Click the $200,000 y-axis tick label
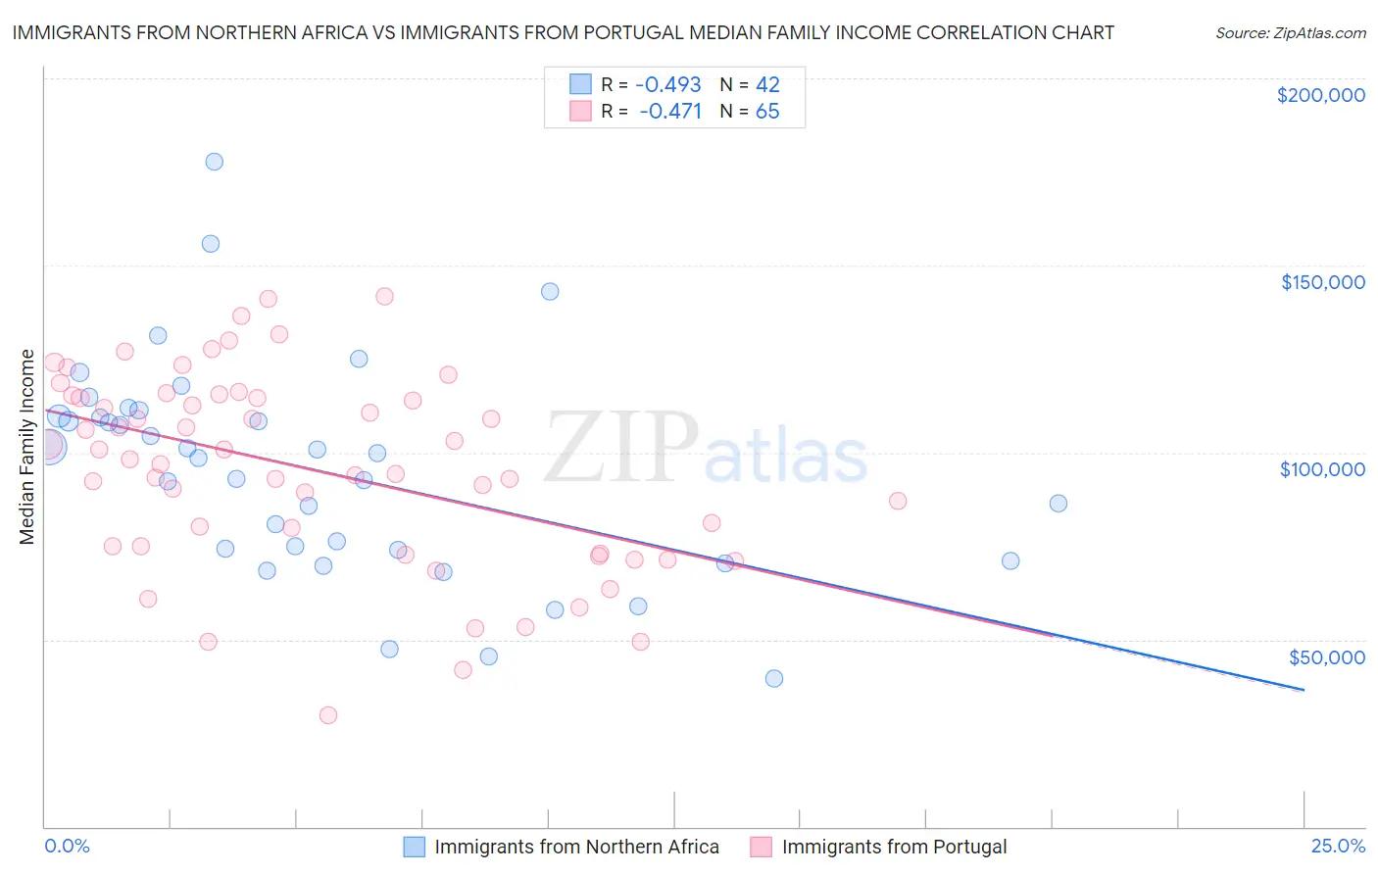pos(1320,95)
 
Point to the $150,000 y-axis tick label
pos(1322,282)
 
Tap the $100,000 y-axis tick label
pos(1322,469)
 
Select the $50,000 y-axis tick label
pos(1326,656)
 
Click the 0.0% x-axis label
pos(67,847)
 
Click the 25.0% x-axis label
pos(1338,847)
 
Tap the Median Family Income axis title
pos(27,447)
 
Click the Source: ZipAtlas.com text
pos(1290,33)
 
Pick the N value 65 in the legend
pos(767,112)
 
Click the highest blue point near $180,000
pos(214,162)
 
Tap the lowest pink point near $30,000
pos(328,715)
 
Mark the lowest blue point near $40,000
pos(774,678)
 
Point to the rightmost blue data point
pos(1058,504)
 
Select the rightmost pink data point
pos(898,501)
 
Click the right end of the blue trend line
pos(1304,690)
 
